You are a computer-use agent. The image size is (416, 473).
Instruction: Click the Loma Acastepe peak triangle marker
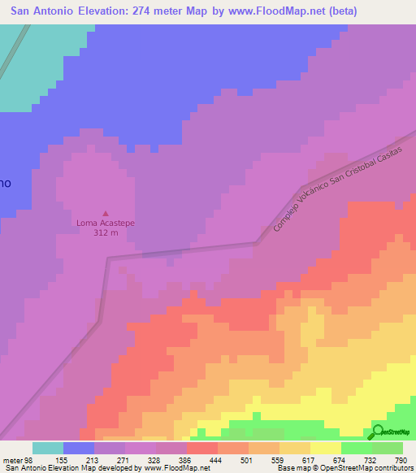pos(104,213)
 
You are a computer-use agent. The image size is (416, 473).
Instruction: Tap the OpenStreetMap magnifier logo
pos(379,432)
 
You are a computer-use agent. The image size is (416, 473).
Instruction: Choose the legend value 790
pos(401,460)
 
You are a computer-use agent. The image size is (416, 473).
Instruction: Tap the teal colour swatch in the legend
pos(48,448)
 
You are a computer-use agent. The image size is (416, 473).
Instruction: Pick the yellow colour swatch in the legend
pos(325,448)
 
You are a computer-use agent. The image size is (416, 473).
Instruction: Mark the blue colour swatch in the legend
pos(79,448)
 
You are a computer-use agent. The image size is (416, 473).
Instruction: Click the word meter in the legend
pos(11,460)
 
